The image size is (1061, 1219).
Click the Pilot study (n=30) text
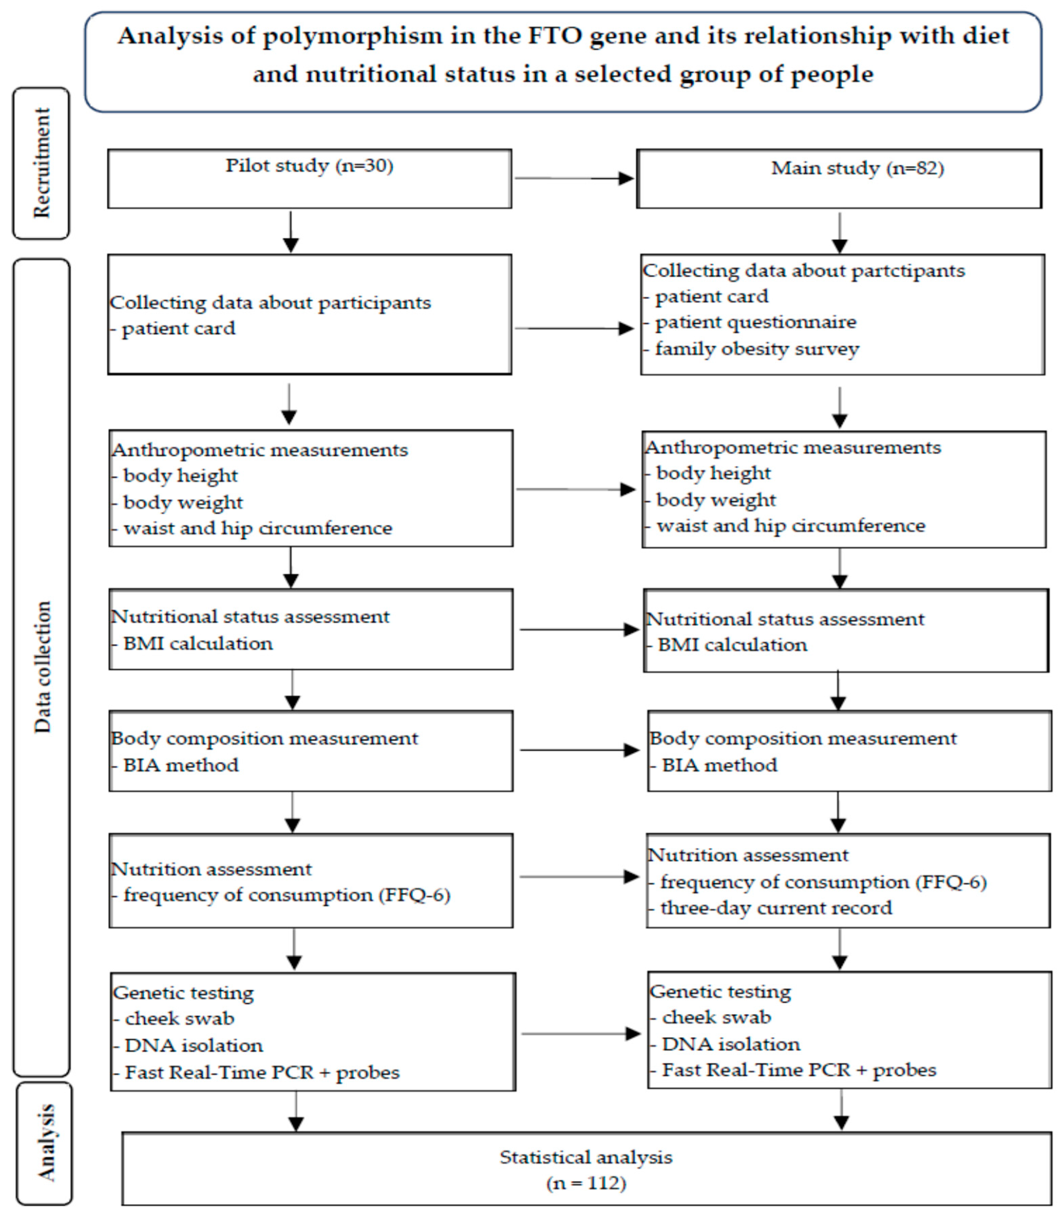coord(309,166)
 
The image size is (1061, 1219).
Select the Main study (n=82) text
coord(857,169)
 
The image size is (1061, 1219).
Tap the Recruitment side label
coord(41,163)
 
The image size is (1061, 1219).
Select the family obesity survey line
coord(757,349)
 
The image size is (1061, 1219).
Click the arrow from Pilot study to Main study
coord(574,178)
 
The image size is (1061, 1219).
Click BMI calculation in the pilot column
coord(198,644)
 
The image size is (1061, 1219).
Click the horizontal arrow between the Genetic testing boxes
coord(580,1034)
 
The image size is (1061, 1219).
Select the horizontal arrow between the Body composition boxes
coord(579,750)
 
